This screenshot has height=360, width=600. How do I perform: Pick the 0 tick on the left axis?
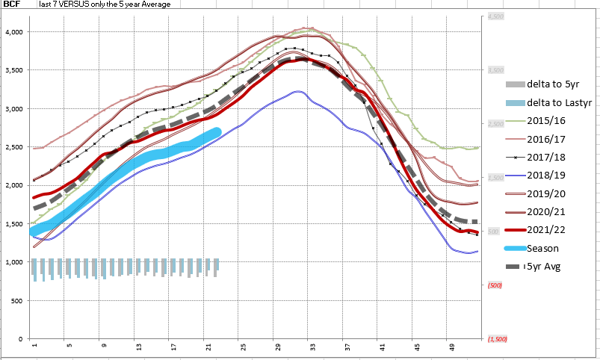[22, 339]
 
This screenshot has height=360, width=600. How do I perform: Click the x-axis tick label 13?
[138, 347]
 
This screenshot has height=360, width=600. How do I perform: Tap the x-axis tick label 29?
[277, 347]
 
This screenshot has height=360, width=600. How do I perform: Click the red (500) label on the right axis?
[495, 285]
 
